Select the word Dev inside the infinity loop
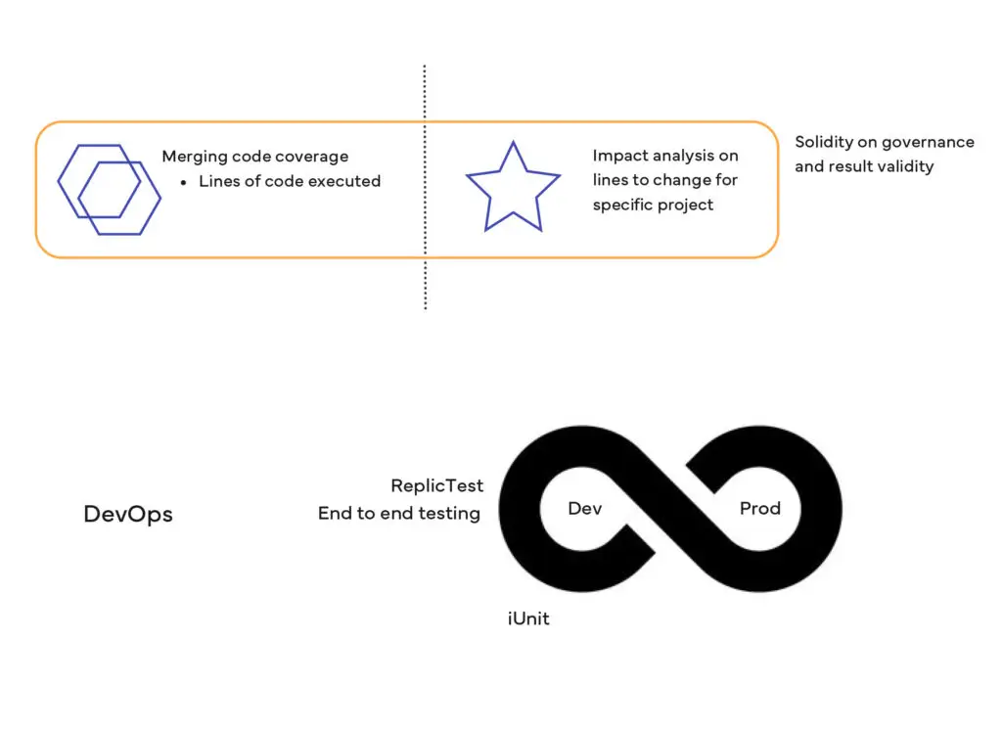click(x=585, y=508)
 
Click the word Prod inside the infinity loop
click(x=759, y=508)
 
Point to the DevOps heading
click(x=128, y=515)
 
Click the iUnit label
click(x=528, y=618)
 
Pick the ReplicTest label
click(x=437, y=485)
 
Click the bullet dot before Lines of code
click(x=183, y=183)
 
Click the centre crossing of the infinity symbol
click(x=669, y=508)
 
